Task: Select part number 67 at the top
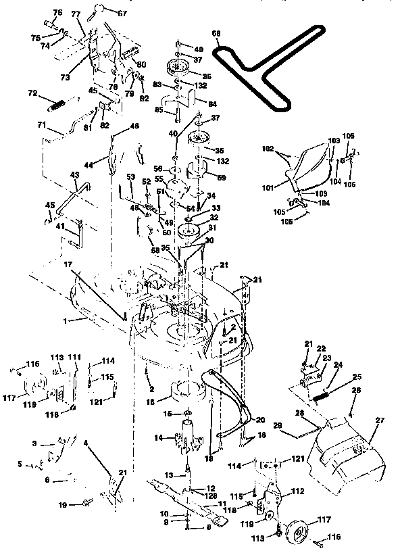coord(122,13)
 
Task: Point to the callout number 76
coord(57,13)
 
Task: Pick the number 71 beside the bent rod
coord(41,126)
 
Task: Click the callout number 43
coord(74,175)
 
